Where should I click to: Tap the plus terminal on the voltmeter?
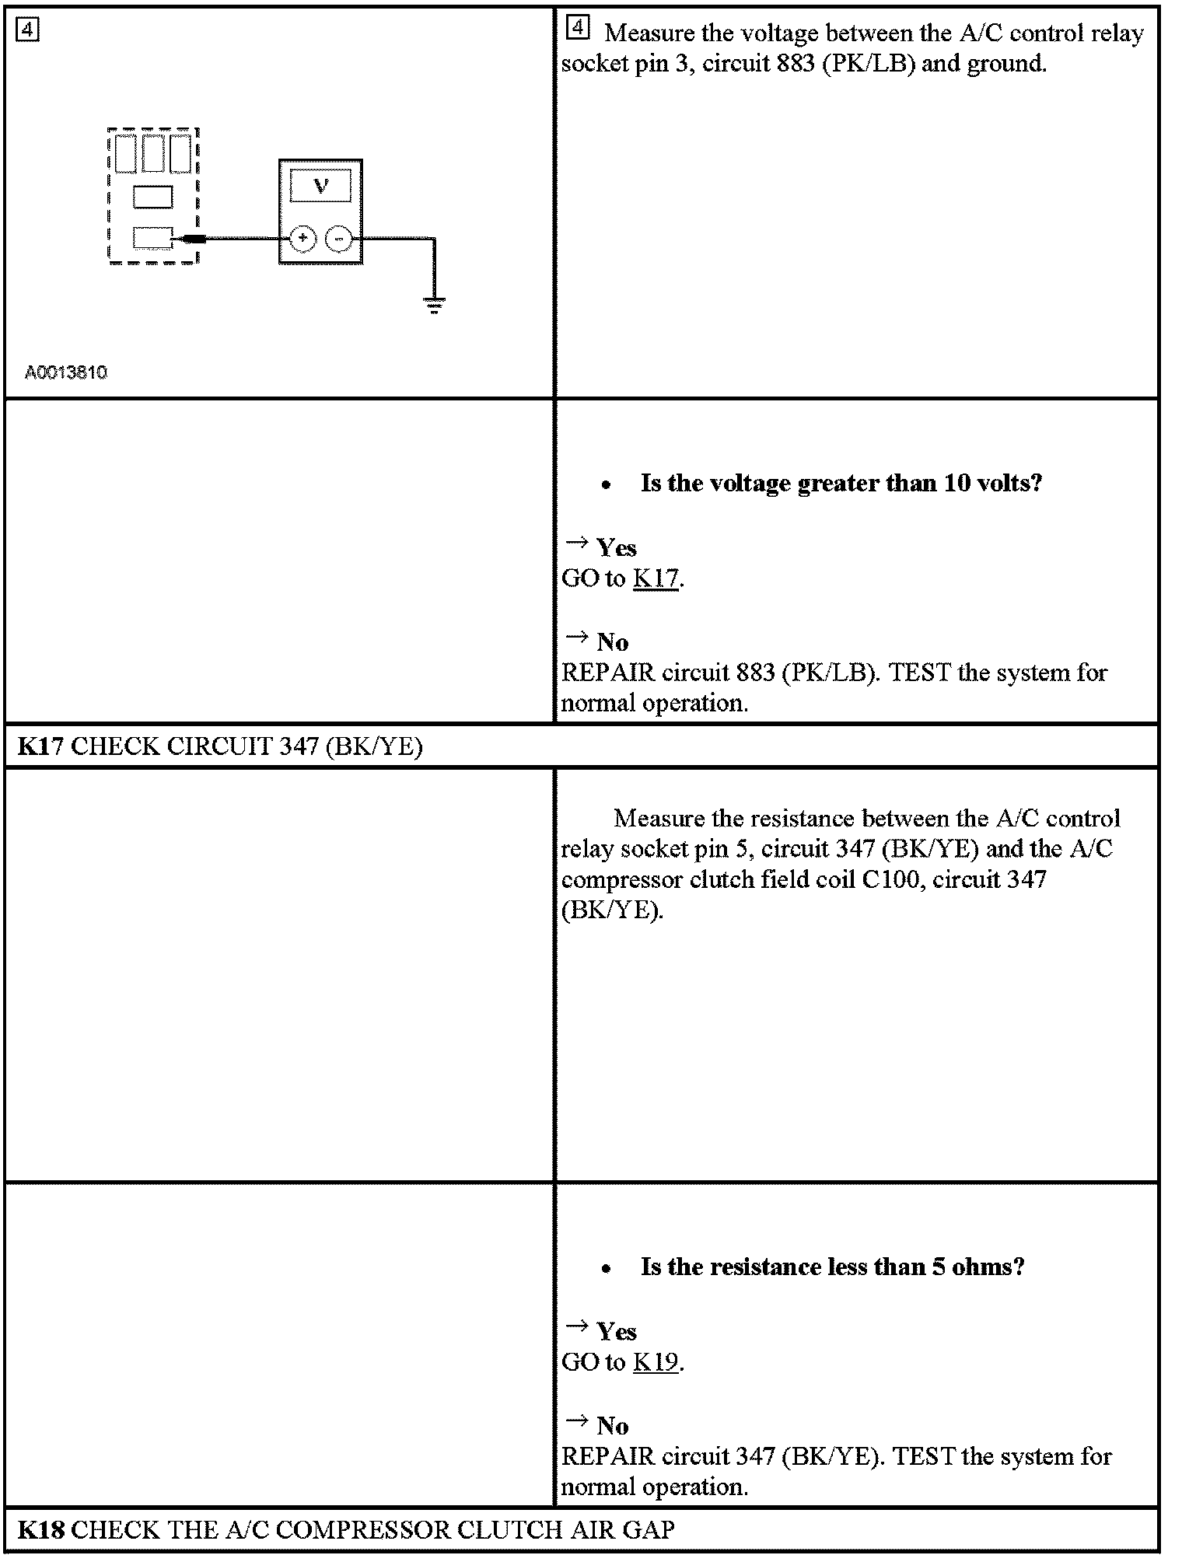(302, 239)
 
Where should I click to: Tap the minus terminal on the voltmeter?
(338, 239)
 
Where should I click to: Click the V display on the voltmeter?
(320, 186)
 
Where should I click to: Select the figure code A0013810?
(66, 372)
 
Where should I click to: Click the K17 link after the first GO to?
(656, 578)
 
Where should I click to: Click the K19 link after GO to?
(656, 1362)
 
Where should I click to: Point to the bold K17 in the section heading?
(41, 746)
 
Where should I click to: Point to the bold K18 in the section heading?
(41, 1530)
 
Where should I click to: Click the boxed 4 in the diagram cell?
(28, 30)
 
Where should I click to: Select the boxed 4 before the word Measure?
(578, 30)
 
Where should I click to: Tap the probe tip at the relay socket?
(190, 239)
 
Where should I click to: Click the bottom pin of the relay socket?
(152, 237)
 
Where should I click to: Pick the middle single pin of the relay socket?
(152, 197)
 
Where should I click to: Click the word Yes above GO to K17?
(617, 548)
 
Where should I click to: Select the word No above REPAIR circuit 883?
(612, 642)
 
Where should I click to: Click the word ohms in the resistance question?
(980, 1267)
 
